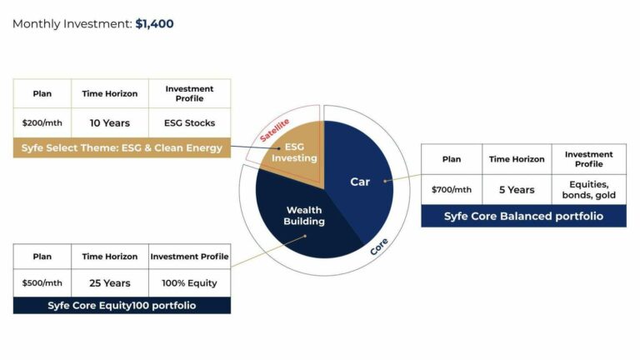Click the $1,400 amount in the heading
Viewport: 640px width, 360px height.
[154, 24]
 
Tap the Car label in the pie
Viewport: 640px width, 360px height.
[359, 182]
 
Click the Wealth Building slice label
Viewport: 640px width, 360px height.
[304, 216]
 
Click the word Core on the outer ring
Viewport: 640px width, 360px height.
[378, 247]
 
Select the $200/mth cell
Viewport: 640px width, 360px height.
[42, 122]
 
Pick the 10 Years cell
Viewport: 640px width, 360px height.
[110, 122]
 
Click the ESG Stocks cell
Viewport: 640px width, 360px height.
[189, 122]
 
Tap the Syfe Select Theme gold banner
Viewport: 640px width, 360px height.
[122, 148]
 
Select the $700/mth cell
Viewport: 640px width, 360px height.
[451, 189]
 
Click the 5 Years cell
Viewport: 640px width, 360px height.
[517, 189]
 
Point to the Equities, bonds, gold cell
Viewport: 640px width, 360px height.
[588, 189]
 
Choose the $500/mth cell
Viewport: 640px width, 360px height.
[42, 282]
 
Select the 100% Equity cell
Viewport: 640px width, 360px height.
[189, 282]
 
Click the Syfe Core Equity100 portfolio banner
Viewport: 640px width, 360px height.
[122, 306]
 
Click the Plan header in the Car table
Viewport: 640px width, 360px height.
[451, 159]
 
